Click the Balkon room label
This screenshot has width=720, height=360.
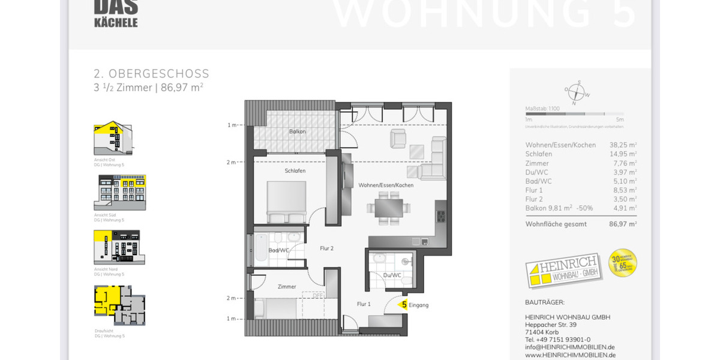click(298, 132)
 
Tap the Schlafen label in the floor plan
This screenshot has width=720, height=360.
click(295, 171)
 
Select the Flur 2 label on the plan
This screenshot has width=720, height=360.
click(326, 248)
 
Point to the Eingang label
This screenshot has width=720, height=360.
click(419, 305)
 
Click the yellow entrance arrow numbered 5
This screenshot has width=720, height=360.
click(404, 305)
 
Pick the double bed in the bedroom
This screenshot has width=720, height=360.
click(286, 202)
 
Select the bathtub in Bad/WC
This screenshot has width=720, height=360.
click(261, 248)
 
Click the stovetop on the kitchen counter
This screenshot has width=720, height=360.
click(441, 216)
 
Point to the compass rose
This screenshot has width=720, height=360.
click(576, 93)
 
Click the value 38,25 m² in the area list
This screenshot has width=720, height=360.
click(623, 145)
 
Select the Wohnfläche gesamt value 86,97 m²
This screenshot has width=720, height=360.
click(623, 224)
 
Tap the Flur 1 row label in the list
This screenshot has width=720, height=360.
click(534, 190)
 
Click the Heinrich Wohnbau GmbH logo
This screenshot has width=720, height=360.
click(563, 269)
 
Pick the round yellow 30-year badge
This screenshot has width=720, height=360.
click(622, 263)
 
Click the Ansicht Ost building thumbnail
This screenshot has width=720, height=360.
click(113, 139)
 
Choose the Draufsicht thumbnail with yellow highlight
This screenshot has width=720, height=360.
click(119, 305)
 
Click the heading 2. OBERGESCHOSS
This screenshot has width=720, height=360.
click(151, 74)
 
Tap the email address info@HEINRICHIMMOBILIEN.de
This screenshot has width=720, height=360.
click(569, 347)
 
